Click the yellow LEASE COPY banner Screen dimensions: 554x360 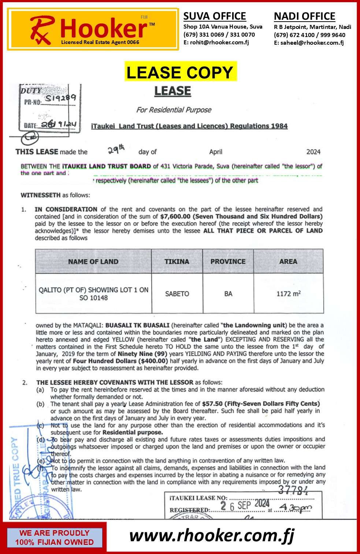(180, 72)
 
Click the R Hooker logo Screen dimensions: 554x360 (93, 30)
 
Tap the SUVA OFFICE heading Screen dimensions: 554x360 (215, 16)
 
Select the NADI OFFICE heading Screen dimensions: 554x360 (304, 16)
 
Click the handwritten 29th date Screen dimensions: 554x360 (116, 149)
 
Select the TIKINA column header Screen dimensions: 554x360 (177, 261)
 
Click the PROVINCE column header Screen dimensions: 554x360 (228, 261)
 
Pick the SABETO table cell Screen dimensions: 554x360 (177, 293)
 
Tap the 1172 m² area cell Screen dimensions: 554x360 (289, 293)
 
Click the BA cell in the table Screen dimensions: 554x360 (228, 293)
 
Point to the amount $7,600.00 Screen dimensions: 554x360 (175, 217)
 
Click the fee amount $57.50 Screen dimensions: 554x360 (212, 404)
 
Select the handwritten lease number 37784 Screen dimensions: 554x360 (293, 490)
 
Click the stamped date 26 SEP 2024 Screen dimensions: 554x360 (245, 506)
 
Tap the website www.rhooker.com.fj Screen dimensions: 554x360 (212, 536)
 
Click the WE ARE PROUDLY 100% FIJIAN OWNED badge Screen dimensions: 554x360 (54, 538)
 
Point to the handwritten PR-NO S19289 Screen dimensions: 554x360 (60, 98)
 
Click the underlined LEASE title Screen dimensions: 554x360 (172, 91)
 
